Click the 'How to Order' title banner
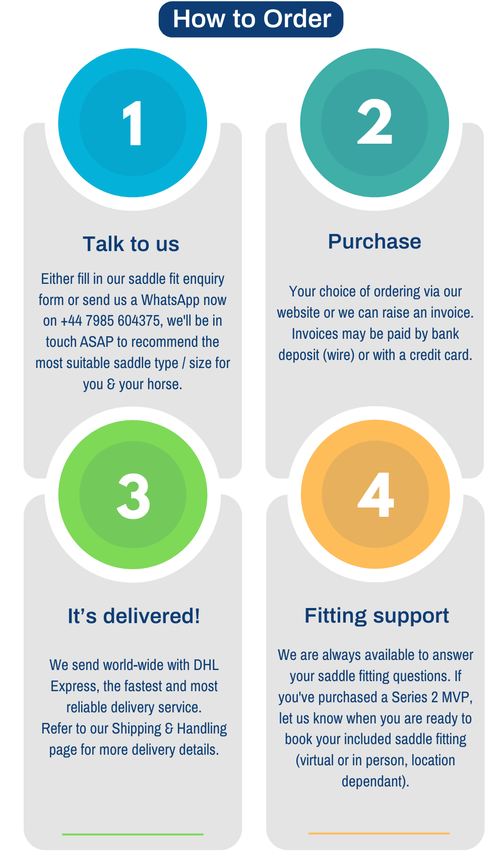[x=251, y=19]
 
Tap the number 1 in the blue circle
[x=133, y=123]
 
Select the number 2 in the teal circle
[x=374, y=122]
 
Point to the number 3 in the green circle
[x=133, y=496]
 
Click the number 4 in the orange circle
[x=375, y=495]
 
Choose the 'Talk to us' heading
[x=131, y=244]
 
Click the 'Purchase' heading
[x=374, y=241]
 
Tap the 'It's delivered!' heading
[x=134, y=616]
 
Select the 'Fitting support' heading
[x=376, y=616]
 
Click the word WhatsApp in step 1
[x=170, y=300]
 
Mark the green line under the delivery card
[x=133, y=834]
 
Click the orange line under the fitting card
[x=379, y=833]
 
